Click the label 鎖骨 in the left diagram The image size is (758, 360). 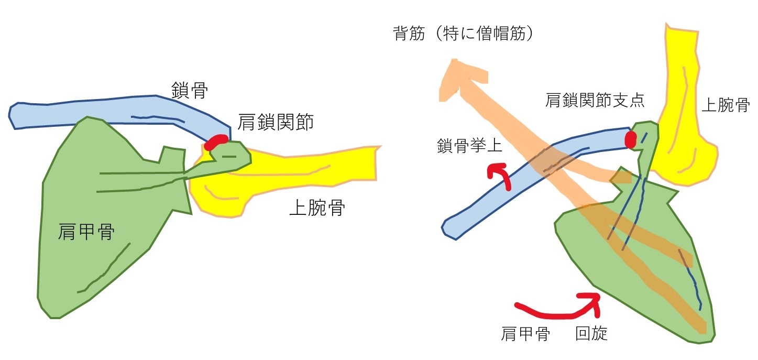(189, 91)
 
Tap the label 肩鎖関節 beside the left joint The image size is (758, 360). (276, 123)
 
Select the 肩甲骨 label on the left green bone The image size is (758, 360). (86, 231)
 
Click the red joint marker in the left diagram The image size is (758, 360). (216, 142)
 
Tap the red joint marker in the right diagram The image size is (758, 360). (631, 139)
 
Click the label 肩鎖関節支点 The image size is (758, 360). (595, 101)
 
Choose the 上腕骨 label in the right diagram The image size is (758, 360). (725, 106)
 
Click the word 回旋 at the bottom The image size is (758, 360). (591, 333)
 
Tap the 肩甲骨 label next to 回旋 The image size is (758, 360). (525, 333)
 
